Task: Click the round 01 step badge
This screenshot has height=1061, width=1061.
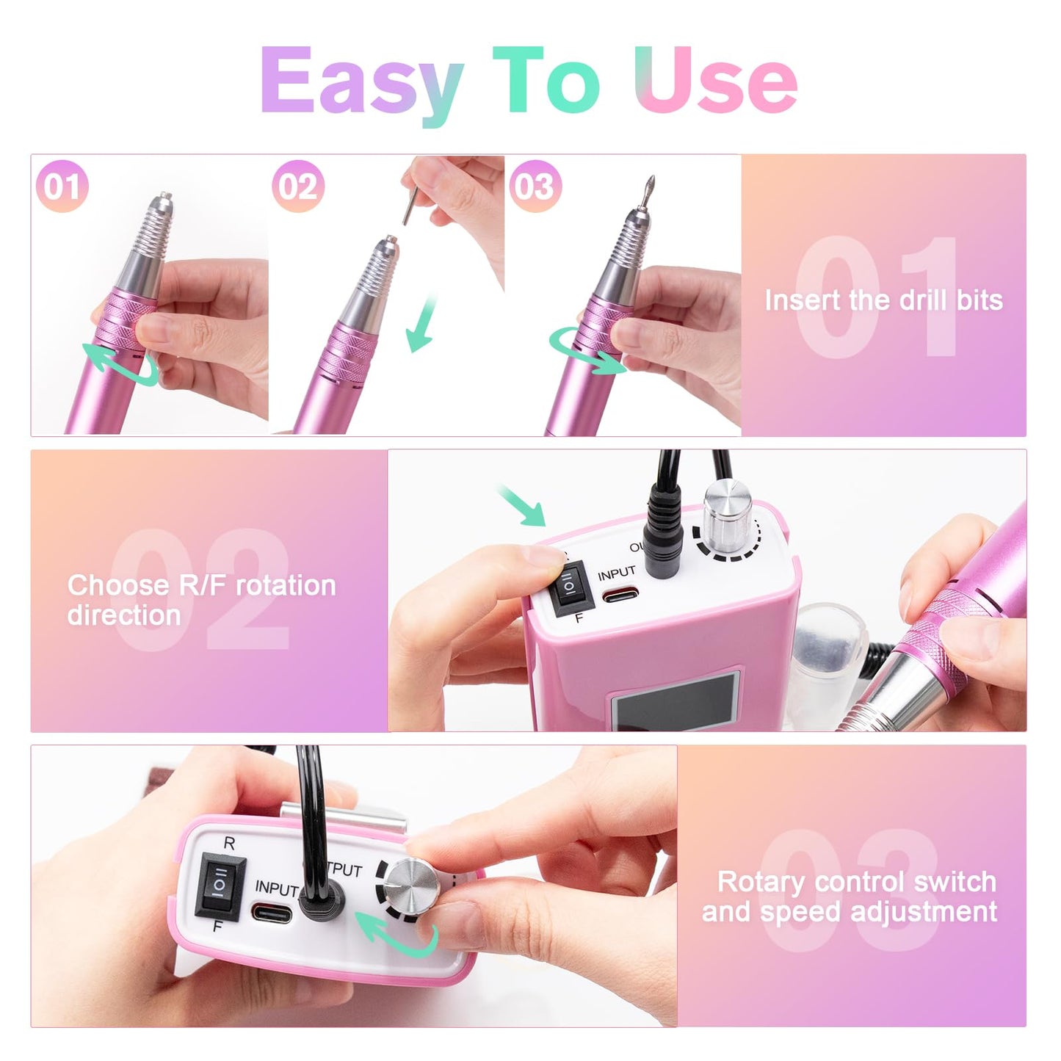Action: (62, 186)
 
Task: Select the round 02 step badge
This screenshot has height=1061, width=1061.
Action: (298, 186)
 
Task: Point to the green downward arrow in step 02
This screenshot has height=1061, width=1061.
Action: (423, 325)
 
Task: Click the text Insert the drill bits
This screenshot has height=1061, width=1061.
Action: (884, 300)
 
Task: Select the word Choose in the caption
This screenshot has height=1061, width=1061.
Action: (117, 585)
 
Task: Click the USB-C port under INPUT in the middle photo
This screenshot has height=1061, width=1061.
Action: (620, 595)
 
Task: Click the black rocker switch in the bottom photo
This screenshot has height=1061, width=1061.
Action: (221, 886)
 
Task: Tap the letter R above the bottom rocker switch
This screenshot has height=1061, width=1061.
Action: (229, 843)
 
